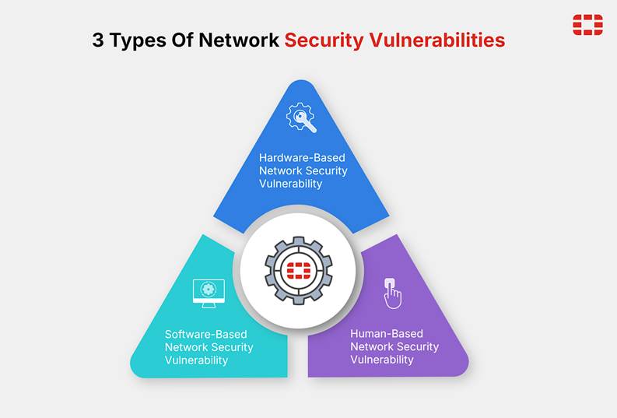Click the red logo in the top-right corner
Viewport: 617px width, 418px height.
click(x=587, y=25)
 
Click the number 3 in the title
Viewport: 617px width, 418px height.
click(x=98, y=40)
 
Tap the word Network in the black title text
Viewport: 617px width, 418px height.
click(x=239, y=40)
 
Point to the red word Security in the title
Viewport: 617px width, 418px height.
click(x=324, y=41)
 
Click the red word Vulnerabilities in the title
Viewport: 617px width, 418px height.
click(x=437, y=40)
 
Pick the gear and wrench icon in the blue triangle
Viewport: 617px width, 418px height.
click(x=301, y=118)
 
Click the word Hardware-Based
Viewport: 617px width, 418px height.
click(x=302, y=158)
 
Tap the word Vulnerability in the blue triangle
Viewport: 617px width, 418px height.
click(x=290, y=184)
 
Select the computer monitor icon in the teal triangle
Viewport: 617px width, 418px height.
click(x=209, y=293)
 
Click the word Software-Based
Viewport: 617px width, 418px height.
click(x=206, y=335)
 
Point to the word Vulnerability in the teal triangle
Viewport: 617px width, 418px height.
click(x=196, y=360)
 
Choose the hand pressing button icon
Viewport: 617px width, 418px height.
click(x=392, y=293)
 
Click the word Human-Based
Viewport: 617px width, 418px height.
click(x=387, y=334)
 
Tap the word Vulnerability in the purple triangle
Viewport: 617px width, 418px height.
click(x=382, y=360)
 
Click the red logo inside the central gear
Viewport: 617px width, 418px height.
click(x=298, y=270)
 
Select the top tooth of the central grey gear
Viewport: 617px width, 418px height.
click(x=299, y=240)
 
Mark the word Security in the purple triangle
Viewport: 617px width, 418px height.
click(x=418, y=347)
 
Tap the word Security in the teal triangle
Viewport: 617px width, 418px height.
click(x=232, y=348)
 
